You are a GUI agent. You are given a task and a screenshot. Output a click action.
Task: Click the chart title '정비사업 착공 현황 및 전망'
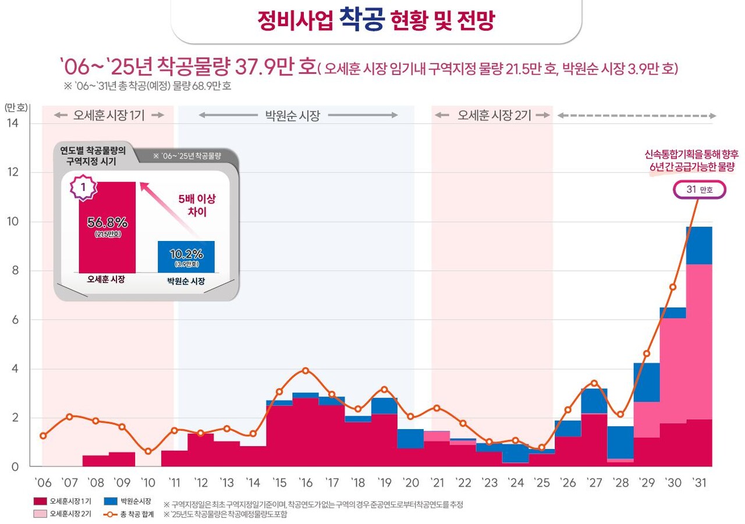pos(375,21)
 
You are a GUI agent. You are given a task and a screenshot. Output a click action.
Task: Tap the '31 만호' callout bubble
pos(699,190)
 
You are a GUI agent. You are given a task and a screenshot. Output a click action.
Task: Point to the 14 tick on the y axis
pos(12,123)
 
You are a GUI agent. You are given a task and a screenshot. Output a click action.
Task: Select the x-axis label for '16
pos(306,483)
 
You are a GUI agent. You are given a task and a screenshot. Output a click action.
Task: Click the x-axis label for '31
pos(699,483)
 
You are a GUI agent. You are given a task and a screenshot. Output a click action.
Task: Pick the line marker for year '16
pos(306,370)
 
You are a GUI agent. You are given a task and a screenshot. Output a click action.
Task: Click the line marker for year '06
pos(42,436)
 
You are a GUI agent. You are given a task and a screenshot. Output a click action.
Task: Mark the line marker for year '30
pos(673,286)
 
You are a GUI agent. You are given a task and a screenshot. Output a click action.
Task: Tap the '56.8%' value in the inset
pos(107,223)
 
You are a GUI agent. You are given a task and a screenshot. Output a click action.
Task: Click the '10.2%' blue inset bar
pos(186,256)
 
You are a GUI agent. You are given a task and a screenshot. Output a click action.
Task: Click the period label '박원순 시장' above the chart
pos(293,115)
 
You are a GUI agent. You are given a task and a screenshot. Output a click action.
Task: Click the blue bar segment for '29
pos(647,382)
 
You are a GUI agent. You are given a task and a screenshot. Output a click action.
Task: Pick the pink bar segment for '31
pos(699,342)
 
